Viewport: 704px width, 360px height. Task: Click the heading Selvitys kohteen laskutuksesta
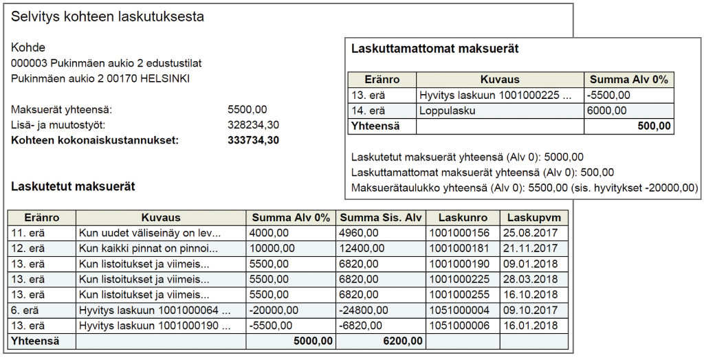click(x=107, y=17)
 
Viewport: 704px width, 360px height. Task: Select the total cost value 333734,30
click(x=254, y=141)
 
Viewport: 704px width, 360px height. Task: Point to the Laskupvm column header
click(x=533, y=218)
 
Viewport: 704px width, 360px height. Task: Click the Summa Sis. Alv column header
click(x=381, y=218)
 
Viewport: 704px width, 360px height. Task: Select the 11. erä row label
click(x=27, y=233)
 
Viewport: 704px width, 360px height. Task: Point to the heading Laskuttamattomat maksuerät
click(x=434, y=49)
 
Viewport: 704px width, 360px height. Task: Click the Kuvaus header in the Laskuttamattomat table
click(x=499, y=80)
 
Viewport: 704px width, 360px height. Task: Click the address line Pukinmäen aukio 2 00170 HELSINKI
click(x=100, y=78)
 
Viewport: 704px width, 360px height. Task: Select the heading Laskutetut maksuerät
click(x=73, y=186)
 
